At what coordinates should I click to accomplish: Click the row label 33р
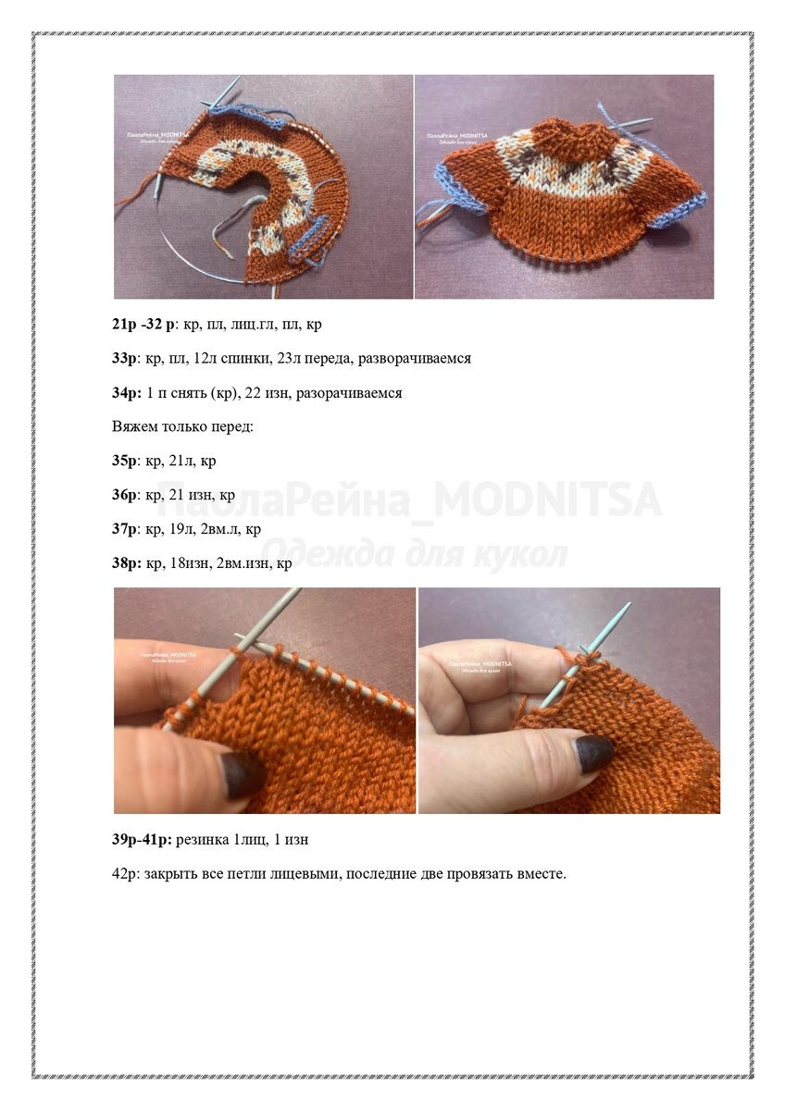point(124,358)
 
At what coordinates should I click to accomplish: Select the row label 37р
point(124,529)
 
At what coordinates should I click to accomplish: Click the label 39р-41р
point(142,840)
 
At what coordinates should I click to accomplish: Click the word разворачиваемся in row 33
point(414,358)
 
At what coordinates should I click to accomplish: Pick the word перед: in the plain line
point(232,426)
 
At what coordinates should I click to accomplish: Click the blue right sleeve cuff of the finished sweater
point(680,209)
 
